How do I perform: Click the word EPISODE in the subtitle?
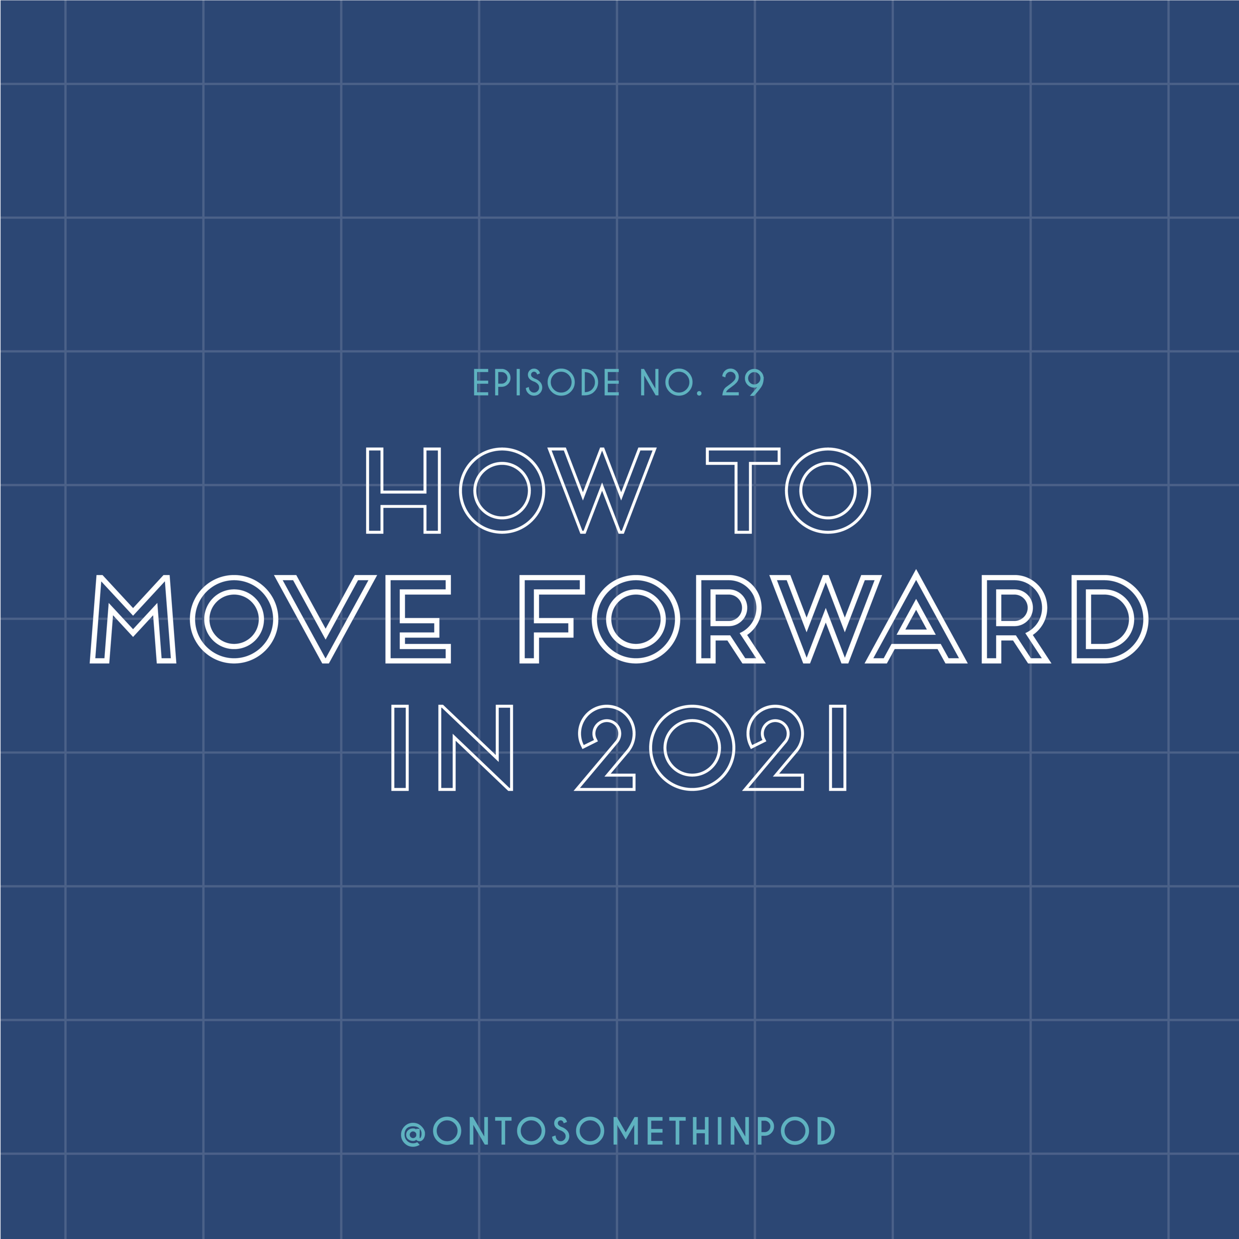(546, 382)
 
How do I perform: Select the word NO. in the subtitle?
(671, 382)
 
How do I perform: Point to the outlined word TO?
(788, 491)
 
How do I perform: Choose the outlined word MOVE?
(271, 619)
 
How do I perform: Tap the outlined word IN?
(452, 748)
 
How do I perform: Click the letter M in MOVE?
(133, 619)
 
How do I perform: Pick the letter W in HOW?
(602, 491)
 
